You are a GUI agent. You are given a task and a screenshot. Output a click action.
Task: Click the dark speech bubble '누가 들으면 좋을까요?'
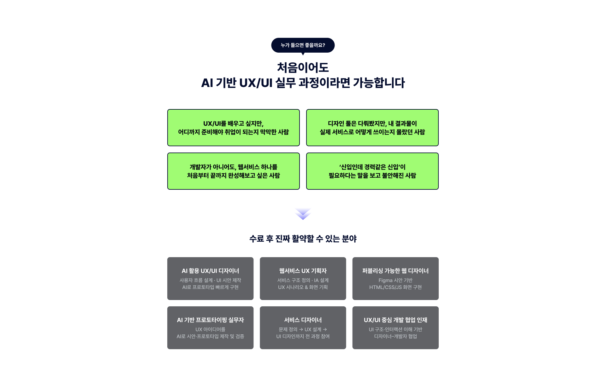[x=303, y=45]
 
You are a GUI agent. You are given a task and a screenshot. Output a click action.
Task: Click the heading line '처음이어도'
[x=303, y=68]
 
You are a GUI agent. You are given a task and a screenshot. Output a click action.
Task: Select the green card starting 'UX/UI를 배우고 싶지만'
[x=233, y=128]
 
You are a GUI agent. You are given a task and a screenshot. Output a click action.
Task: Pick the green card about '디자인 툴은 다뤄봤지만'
[x=372, y=128]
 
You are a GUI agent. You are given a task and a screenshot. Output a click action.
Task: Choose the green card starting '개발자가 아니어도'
[x=233, y=171]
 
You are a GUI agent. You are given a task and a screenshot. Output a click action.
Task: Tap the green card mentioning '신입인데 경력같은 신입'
[x=372, y=171]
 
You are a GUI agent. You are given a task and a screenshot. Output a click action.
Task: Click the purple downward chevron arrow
[x=303, y=214]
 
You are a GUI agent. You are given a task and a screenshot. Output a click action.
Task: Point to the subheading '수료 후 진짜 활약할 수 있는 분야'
[x=303, y=239]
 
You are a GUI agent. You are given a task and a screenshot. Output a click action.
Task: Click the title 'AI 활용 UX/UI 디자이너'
[x=210, y=271]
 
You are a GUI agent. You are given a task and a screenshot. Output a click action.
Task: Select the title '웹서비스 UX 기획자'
[x=303, y=271]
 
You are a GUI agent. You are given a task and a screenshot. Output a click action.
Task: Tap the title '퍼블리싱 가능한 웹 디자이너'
[x=395, y=271]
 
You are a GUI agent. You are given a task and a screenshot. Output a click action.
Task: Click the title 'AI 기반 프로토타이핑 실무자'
[x=210, y=320]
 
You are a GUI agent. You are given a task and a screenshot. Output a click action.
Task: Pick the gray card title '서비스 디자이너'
[x=303, y=320]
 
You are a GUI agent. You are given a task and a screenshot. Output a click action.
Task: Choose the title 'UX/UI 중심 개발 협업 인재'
[x=395, y=320]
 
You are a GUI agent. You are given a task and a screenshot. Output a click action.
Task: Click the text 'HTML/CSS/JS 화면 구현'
[x=395, y=287]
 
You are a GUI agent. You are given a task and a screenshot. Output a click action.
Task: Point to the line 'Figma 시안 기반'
[x=395, y=280]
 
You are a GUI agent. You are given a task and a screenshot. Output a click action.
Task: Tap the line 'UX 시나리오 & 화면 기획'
[x=303, y=287]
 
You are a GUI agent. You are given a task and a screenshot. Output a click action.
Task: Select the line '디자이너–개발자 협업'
[x=395, y=337]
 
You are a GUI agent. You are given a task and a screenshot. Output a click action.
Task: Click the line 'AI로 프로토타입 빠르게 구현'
[x=210, y=287]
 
